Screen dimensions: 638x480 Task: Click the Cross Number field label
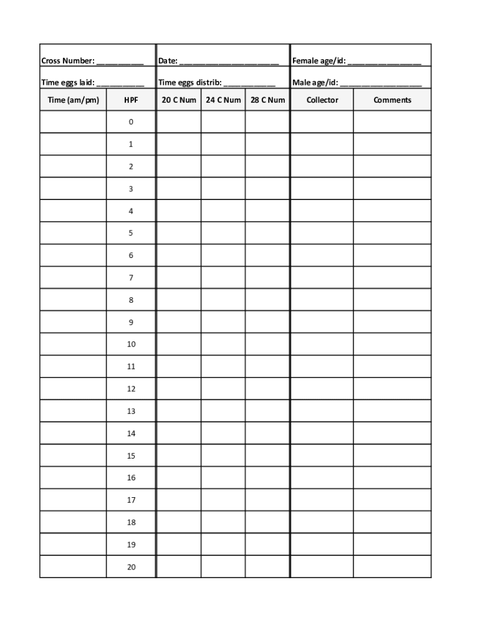pos(68,61)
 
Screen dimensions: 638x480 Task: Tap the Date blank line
pos(229,62)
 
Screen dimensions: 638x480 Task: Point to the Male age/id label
pos(315,83)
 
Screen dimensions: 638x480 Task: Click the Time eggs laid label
pos(68,83)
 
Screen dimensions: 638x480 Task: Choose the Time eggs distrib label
pos(190,83)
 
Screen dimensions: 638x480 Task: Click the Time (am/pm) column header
pos(73,100)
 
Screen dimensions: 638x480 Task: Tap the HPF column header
pos(131,100)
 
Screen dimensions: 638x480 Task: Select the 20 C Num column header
pos(179,100)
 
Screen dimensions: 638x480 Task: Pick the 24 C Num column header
pos(223,100)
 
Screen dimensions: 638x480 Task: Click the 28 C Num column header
pos(267,100)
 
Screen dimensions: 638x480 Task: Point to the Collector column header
pos(322,100)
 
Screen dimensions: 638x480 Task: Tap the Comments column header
pos(392,100)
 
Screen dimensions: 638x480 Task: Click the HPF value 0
pos(131,122)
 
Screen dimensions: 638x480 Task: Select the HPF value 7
pos(131,278)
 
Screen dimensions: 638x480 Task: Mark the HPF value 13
pos(131,411)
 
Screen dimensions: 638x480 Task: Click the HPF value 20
pos(131,567)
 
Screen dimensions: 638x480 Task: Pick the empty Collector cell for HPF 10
pos(322,345)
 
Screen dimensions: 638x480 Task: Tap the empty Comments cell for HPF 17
pos(392,500)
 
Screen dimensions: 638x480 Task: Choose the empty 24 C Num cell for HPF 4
pos(223,211)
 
